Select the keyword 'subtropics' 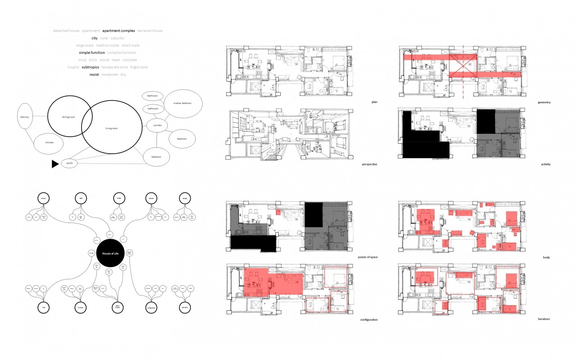click(90, 67)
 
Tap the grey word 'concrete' click(129, 60)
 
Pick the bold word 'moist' click(94, 74)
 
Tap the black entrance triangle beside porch click(55, 164)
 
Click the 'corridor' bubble click(157, 125)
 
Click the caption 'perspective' click(369, 164)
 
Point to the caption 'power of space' click(367, 257)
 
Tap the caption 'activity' click(544, 164)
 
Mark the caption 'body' click(547, 257)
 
